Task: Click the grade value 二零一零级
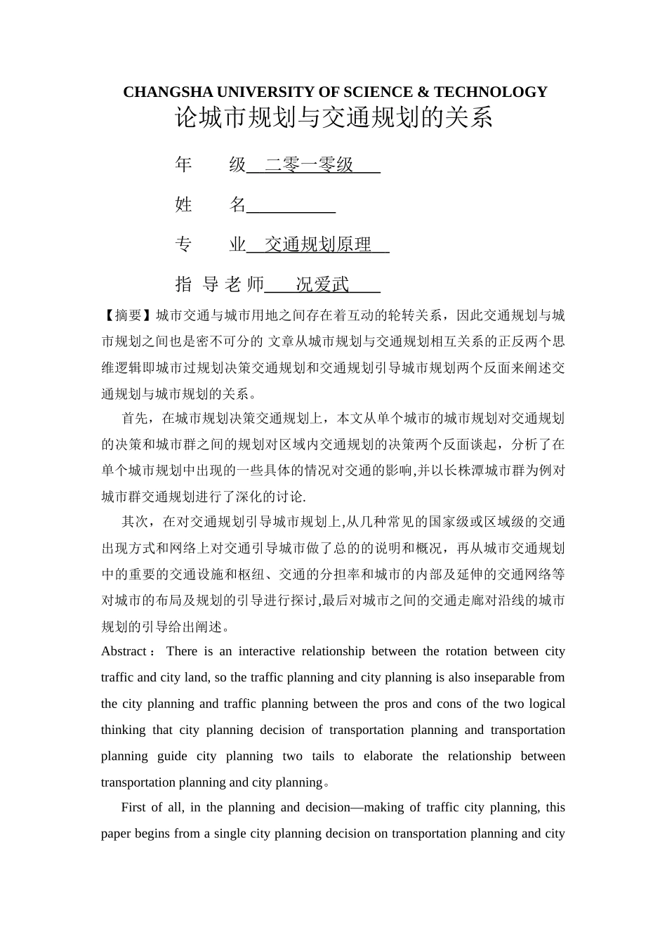tap(309, 165)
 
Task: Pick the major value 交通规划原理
tap(317, 244)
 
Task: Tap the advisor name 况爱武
tap(322, 284)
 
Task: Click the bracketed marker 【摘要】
tap(128, 315)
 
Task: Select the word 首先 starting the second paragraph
tap(134, 419)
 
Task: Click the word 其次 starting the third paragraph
tap(134, 522)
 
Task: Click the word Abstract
tap(124, 651)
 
